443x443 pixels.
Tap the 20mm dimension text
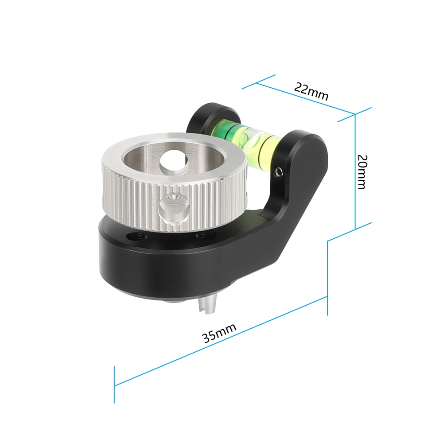pos(361,172)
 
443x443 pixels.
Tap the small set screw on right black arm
pos(278,172)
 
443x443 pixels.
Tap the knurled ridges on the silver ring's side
pos(133,199)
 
